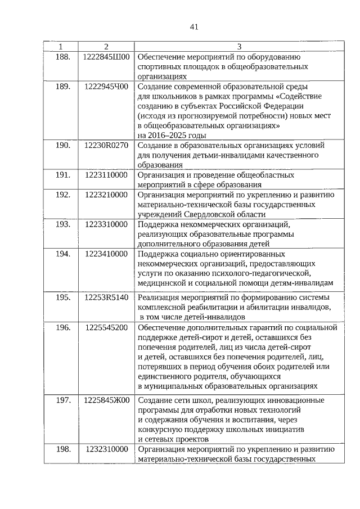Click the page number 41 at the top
(195, 26)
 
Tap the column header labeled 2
(106, 46)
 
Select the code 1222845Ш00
(106, 56)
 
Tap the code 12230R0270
(106, 145)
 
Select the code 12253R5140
(106, 296)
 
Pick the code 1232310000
(106, 449)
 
